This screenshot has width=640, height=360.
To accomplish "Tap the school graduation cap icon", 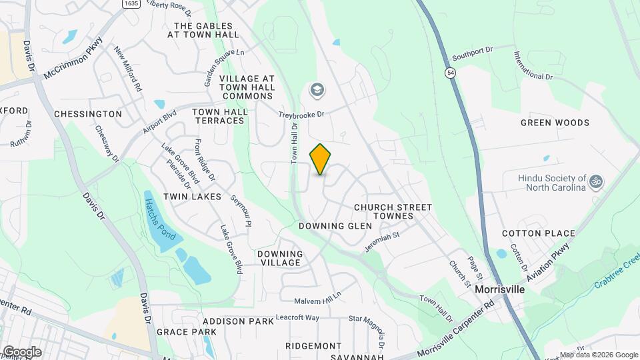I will point(316,89).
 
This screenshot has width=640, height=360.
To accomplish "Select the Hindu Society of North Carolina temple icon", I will point(597,181).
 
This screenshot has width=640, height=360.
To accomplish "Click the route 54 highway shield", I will point(451,77).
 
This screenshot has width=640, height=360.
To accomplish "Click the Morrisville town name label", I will point(499,290).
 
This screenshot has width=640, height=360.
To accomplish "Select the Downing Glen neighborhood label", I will point(335,226).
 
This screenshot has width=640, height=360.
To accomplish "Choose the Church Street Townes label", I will point(393,212).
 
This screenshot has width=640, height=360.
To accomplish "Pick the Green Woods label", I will point(555,123).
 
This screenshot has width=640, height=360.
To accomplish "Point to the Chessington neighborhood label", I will point(88,114).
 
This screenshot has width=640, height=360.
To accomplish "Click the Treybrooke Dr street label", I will point(301,115).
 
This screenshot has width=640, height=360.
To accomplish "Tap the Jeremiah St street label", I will point(381,242).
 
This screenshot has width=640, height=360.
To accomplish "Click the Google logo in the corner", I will point(21,351).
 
